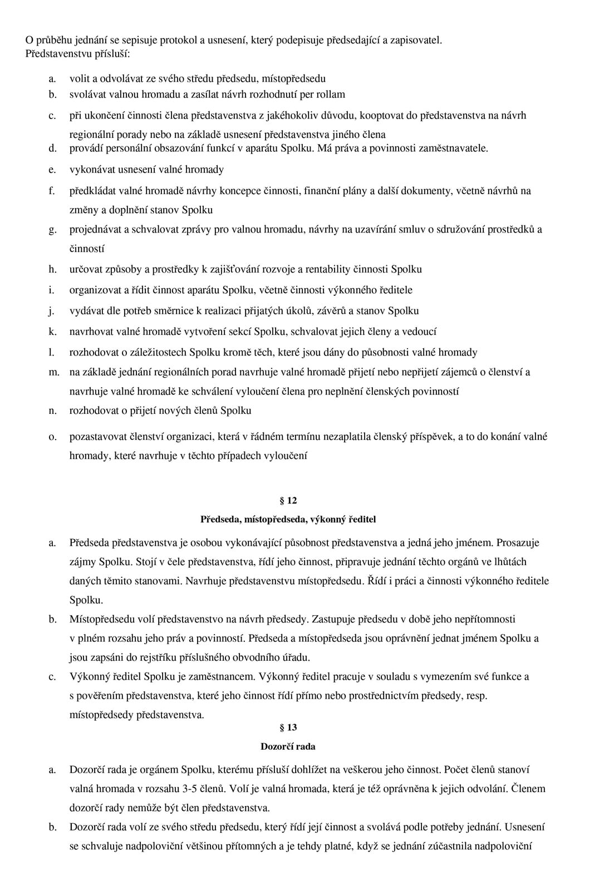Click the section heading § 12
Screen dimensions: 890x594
tap(288, 501)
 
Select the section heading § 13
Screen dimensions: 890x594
tap(288, 728)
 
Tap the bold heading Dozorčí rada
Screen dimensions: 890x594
tap(288, 746)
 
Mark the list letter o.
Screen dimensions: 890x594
tap(52, 437)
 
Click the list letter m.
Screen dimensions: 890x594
tap(53, 372)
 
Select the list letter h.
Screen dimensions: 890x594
tap(52, 269)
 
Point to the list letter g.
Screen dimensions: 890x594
tap(52, 229)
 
